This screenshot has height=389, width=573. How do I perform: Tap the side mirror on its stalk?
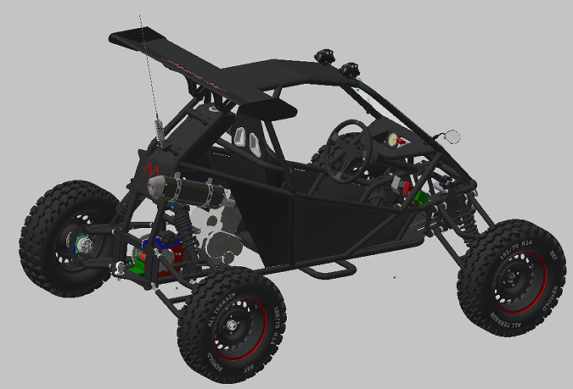(452, 136)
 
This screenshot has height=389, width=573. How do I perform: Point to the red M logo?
(153, 168)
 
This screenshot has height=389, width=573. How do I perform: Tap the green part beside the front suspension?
(422, 198)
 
